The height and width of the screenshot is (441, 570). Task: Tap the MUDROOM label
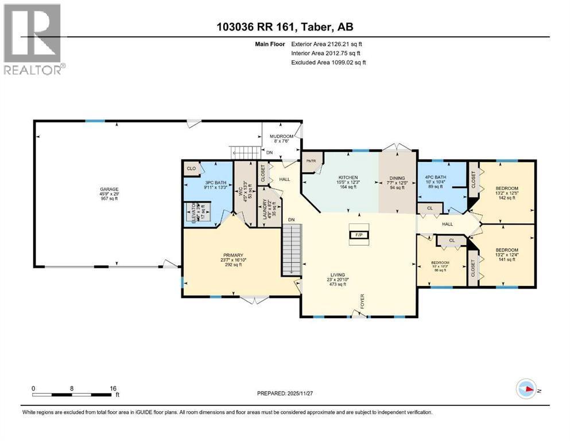pos(281,136)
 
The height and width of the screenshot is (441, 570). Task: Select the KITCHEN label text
pos(348,177)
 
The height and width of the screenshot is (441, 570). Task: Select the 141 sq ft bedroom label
pos(507,250)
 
